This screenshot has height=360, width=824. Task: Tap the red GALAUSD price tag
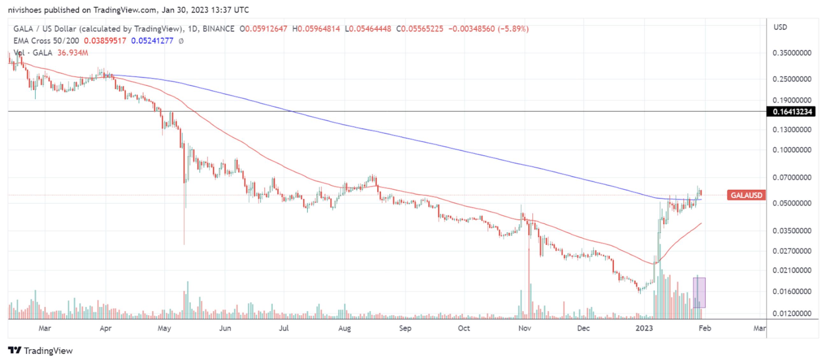[x=746, y=195]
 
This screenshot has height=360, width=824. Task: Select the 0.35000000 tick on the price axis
[x=792, y=53]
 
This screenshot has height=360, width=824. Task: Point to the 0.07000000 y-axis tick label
[x=792, y=177]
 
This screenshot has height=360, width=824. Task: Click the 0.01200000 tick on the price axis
[x=792, y=313]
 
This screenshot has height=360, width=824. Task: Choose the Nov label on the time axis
[x=525, y=328]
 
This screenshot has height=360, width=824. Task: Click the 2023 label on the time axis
[x=644, y=328]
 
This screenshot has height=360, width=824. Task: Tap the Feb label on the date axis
[x=705, y=328]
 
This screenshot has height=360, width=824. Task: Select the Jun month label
[x=225, y=328]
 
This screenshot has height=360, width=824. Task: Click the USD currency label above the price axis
[x=780, y=27]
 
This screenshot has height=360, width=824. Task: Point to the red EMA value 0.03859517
[x=105, y=41]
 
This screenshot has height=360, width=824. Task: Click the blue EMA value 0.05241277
[x=152, y=41]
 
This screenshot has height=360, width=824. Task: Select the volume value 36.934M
[x=73, y=53]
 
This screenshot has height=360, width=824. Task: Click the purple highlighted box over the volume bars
[x=699, y=292]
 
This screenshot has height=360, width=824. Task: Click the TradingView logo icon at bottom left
[x=15, y=350]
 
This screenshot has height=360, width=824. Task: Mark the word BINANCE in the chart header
[x=218, y=29]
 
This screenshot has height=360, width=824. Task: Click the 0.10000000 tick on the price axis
[x=792, y=150]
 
